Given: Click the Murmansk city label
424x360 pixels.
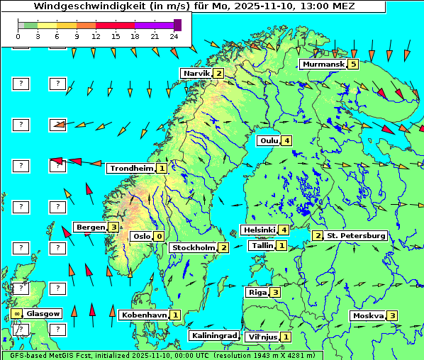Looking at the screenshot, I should click(x=323, y=64).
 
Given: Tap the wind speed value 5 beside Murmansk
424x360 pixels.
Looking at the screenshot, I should click(x=352, y=64).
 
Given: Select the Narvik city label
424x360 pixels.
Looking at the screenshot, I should click(x=196, y=74).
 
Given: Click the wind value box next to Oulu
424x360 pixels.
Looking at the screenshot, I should click(x=286, y=140).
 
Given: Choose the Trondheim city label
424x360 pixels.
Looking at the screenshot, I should click(x=130, y=169).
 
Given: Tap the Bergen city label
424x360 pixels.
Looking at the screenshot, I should click(x=91, y=227).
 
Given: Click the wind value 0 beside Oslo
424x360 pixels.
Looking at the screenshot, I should click(x=160, y=237).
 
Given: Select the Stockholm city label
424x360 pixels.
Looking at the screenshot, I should click(x=193, y=247).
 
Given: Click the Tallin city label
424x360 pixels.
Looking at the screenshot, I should click(x=262, y=246).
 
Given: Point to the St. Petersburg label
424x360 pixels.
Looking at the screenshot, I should click(x=356, y=235).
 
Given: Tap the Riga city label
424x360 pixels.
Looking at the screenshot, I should click(x=256, y=292).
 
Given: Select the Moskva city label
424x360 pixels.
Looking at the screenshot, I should click(x=368, y=315).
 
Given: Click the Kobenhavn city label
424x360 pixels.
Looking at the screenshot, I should click(x=144, y=315).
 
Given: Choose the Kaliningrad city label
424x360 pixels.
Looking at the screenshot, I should click(x=213, y=336).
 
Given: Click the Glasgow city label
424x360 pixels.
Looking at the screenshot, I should click(x=43, y=313).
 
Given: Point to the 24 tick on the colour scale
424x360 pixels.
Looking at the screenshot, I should click(x=174, y=35).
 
